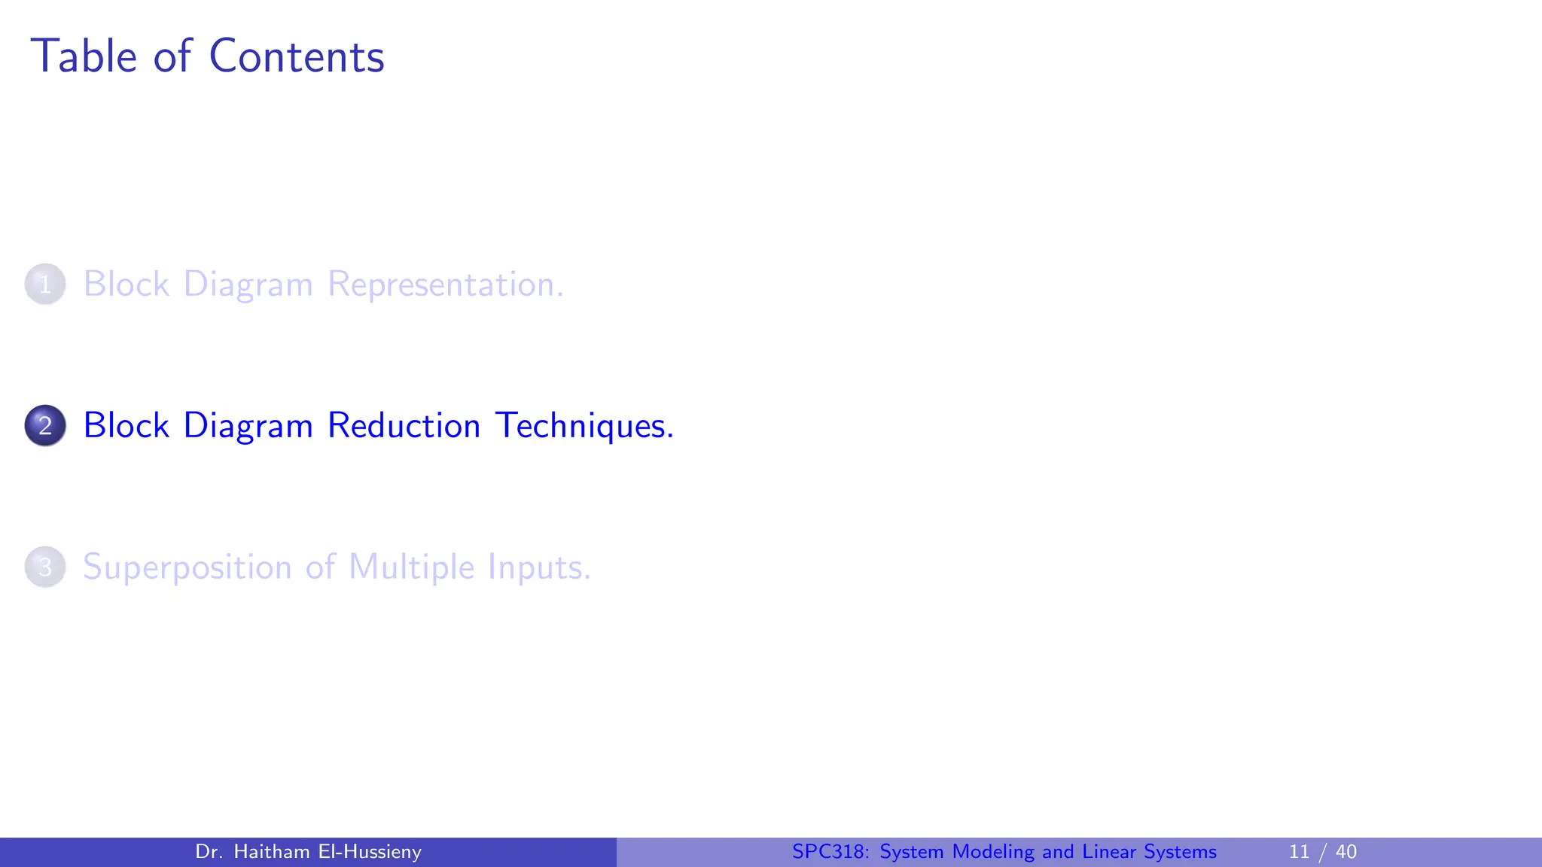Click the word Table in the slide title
coord(84,56)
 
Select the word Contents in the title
coord(296,56)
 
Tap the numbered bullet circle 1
coord(45,284)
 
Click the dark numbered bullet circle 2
coord(45,426)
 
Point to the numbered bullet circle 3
coord(45,567)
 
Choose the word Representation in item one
coord(445,284)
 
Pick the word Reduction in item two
coord(404,426)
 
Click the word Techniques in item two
coord(584,426)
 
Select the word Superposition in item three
coord(187,567)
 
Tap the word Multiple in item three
coord(411,567)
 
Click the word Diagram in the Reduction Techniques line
coord(248,426)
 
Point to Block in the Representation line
coord(126,284)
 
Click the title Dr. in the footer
coord(209,852)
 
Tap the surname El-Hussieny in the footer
coord(370,852)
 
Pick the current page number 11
coord(1299,852)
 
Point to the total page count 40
coord(1345,852)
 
